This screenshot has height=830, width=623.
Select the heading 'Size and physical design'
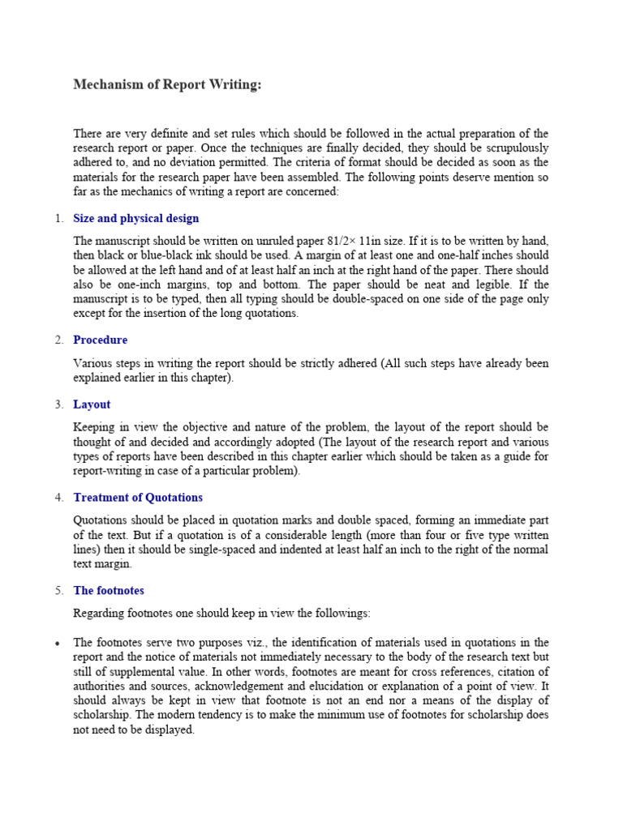click(x=135, y=218)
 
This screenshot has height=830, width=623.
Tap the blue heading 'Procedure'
click(x=100, y=340)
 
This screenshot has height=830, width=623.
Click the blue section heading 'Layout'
click(x=92, y=404)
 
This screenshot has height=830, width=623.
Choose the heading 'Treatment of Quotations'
click(x=138, y=498)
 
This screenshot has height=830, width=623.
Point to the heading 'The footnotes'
click(x=109, y=591)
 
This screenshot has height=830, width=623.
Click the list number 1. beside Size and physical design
click(x=58, y=218)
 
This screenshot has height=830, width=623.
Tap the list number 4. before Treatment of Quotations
click(x=58, y=498)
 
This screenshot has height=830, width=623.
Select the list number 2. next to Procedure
click(x=58, y=340)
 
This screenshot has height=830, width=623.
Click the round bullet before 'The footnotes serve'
click(x=57, y=644)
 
